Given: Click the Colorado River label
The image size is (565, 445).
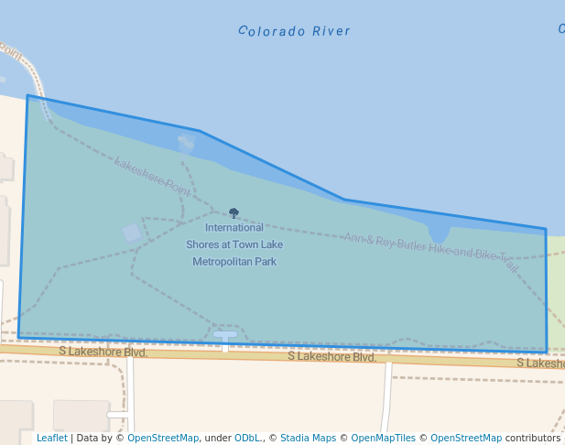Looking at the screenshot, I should coord(294,31).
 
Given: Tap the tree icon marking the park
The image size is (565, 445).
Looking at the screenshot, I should coord(234,212).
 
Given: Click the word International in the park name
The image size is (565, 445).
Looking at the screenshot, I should coord(234,227).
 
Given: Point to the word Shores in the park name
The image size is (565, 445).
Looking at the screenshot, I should coord(202,244).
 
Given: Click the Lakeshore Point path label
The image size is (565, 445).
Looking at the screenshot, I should coord(152,176).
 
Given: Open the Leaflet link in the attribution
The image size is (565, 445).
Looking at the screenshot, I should coord(51,439).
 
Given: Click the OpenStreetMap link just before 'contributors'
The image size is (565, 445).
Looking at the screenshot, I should coord(465,439).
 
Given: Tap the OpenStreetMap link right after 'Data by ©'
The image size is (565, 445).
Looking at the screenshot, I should coord(163,439).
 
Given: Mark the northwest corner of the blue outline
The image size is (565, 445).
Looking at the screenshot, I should coord(27,95).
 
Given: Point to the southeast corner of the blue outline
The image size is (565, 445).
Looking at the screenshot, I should coord(547,352).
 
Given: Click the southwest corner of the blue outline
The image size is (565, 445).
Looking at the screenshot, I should coord(18,338).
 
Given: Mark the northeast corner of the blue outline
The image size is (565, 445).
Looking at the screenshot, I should coord(546,229).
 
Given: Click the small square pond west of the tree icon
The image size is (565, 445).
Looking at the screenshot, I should coord(132,233).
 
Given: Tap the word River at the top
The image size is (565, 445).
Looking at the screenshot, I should coord(331,31).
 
